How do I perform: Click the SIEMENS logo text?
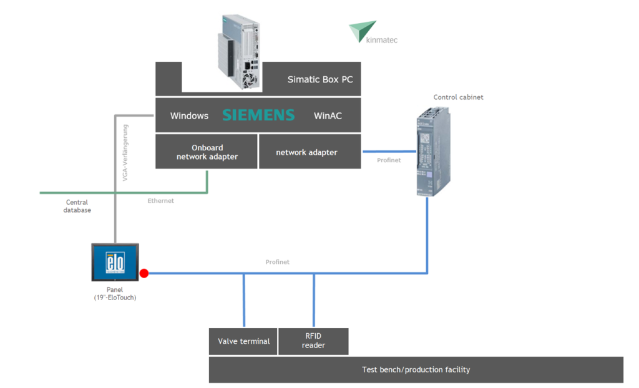(x=258, y=115)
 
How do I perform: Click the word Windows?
(x=189, y=116)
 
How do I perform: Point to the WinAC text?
(x=328, y=116)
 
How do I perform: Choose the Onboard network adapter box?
(x=207, y=152)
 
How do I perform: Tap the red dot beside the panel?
(x=144, y=273)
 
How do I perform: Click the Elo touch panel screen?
(x=115, y=262)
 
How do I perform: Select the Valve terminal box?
(x=243, y=341)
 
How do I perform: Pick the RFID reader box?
(x=313, y=341)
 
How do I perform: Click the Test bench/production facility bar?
(x=416, y=370)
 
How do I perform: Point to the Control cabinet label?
(x=458, y=97)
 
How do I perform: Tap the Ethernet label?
(x=160, y=201)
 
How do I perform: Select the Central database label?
(x=77, y=206)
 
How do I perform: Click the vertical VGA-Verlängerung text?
(x=125, y=153)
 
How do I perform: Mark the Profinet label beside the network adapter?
(x=389, y=160)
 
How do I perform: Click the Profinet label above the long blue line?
(x=277, y=262)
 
